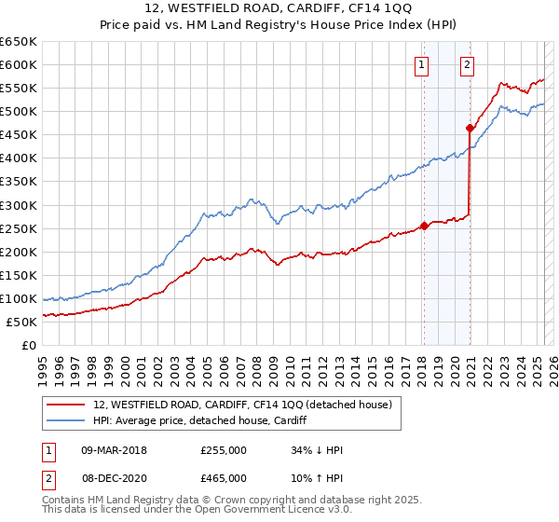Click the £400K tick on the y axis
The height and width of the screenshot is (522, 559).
[x=19, y=158]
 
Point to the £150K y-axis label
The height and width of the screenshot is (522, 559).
[x=19, y=275]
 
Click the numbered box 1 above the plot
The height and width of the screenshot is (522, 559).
[x=422, y=64]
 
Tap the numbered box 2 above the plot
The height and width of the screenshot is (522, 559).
[x=466, y=64]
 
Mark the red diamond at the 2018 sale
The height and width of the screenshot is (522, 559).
[x=424, y=225]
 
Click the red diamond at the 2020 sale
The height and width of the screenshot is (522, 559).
[x=470, y=128]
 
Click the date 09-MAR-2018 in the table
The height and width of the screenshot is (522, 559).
[x=114, y=450]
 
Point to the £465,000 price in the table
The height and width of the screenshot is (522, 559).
[x=224, y=478]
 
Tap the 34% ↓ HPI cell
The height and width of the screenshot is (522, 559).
[x=317, y=450]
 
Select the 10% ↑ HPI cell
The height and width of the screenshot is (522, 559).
[x=317, y=478]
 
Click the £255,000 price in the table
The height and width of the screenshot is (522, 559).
[x=224, y=450]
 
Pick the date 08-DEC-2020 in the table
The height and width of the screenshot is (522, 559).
[x=114, y=478]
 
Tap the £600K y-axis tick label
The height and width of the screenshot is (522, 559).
[x=19, y=64]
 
